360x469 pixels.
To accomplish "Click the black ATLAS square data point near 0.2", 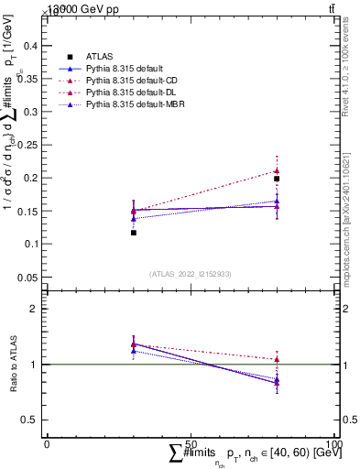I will point(277,179).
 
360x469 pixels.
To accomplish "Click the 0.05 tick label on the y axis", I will point(29,277).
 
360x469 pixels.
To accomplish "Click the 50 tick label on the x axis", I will point(191,444).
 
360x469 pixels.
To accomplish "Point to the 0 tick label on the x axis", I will point(48,444).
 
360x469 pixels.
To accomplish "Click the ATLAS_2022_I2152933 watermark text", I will point(191,274).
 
